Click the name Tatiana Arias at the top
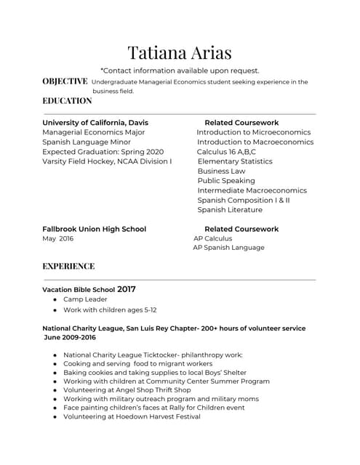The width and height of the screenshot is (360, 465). tap(180, 52)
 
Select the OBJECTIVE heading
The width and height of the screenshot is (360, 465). tap(65, 81)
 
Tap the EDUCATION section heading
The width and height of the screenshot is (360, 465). tap(67, 101)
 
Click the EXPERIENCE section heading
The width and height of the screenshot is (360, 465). tap(68, 267)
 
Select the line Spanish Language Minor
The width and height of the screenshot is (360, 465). tap(87, 142)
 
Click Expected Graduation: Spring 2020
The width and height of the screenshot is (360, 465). tap(103, 152)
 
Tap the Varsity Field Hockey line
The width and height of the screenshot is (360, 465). tap(107, 161)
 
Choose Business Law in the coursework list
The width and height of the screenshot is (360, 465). tap(221, 171)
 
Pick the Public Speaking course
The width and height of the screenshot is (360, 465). tap(226, 181)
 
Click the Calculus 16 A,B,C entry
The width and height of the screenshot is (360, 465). tap(226, 152)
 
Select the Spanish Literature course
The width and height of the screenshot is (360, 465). tap(230, 210)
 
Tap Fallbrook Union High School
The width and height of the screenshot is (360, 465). tap(94, 229)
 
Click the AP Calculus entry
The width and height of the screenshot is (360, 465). tap(213, 238)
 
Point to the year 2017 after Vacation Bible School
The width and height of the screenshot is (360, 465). tap(127, 289)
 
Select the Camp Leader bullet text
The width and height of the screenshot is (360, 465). tap(85, 299)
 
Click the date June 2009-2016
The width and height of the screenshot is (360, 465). tap(70, 338)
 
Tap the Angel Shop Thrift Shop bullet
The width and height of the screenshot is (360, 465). tap(127, 390)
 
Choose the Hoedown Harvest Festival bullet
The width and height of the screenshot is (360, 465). tap(132, 417)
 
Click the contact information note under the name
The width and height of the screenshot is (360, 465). tap(180, 70)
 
